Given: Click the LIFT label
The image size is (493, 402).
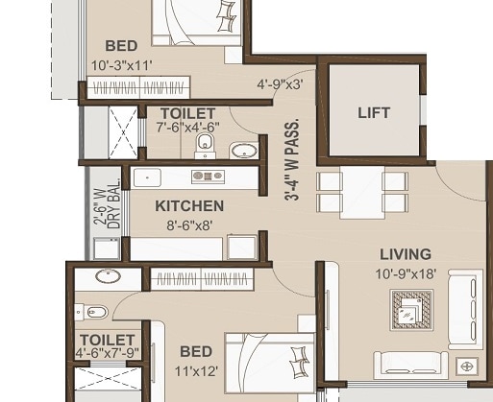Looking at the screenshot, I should (374, 113).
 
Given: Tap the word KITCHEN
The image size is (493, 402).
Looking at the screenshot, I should (189, 205).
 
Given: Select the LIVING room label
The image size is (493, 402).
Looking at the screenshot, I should (405, 254).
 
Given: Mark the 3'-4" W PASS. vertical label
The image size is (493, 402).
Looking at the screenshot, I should (291, 158).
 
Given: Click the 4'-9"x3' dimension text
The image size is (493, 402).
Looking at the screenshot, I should (279, 83).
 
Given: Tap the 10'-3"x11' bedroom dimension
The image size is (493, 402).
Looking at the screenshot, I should (121, 65).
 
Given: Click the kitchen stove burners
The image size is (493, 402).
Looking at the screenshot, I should (208, 176).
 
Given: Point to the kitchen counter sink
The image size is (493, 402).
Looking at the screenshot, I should (146, 176).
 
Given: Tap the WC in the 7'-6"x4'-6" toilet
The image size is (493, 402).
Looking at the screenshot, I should (204, 144).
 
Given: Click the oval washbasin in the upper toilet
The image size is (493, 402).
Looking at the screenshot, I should (242, 150).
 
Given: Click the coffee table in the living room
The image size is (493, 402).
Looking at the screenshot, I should (410, 311).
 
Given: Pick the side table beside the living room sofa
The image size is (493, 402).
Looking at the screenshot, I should (468, 366).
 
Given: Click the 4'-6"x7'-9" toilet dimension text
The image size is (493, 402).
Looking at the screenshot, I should (108, 352).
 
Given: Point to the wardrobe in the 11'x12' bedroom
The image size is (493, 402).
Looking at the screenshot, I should (201, 279).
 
